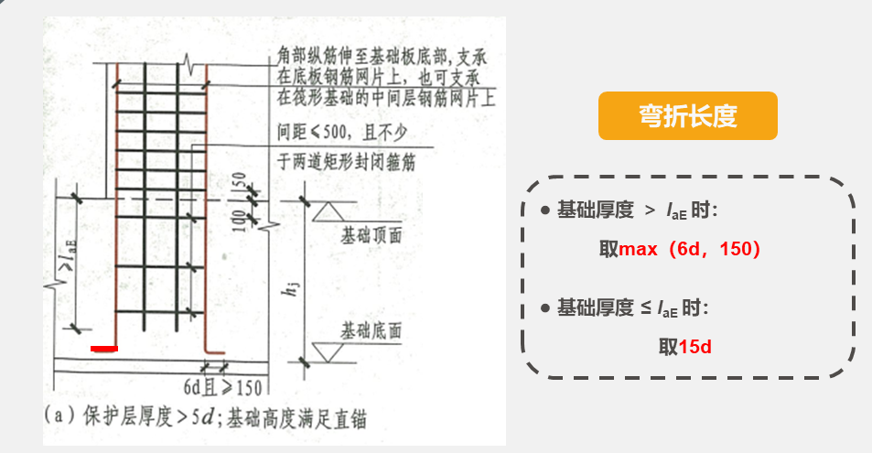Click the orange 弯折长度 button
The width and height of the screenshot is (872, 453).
pos(687,116)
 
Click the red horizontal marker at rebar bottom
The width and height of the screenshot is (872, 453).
pos(104,349)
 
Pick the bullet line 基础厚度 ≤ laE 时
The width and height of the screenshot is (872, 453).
pos(632,308)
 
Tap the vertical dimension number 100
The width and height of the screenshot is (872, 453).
pos(242,219)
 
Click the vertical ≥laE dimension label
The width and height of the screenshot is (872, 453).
pos(65,264)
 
